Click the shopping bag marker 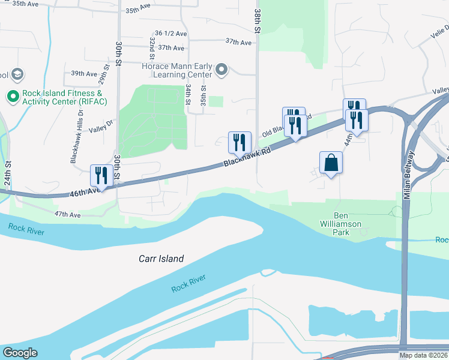(331, 162)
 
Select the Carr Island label (158, 259)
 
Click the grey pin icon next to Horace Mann (221, 71)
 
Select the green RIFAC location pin (13, 96)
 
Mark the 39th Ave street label (84, 74)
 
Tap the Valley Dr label (101, 127)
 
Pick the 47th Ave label (67, 214)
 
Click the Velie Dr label (439, 33)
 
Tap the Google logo (20, 353)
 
